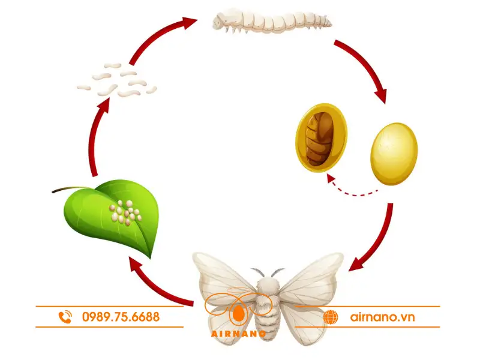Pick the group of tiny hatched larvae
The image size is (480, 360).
pos(116,80)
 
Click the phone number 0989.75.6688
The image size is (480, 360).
pos(121,316)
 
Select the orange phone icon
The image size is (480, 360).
pos(66,316)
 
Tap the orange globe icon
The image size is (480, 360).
pos(331,317)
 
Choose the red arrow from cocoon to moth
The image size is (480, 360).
pos(376,240)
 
